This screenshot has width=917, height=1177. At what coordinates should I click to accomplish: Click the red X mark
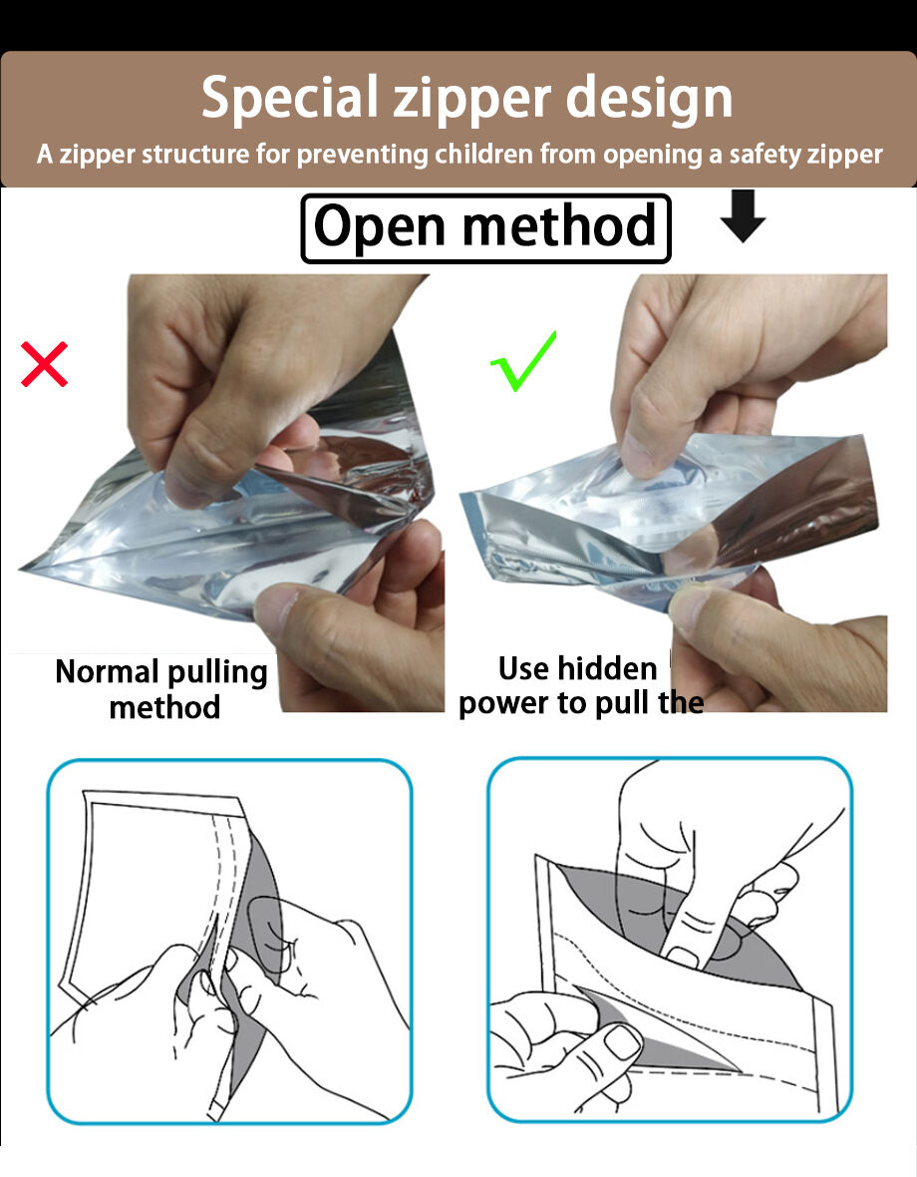(44, 364)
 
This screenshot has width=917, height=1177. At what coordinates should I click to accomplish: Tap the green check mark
(522, 362)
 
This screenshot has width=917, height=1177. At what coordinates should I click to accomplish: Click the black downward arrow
(743, 216)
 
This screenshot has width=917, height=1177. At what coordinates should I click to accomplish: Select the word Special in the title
(290, 99)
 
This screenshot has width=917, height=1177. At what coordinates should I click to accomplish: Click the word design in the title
(649, 99)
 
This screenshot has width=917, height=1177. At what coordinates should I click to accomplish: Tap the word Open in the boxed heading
(380, 226)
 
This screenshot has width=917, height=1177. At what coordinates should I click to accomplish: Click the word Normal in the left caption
(108, 671)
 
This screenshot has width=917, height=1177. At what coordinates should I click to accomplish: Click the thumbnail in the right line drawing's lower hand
(623, 1042)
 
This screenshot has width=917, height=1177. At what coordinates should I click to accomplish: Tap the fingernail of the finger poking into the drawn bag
(683, 958)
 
